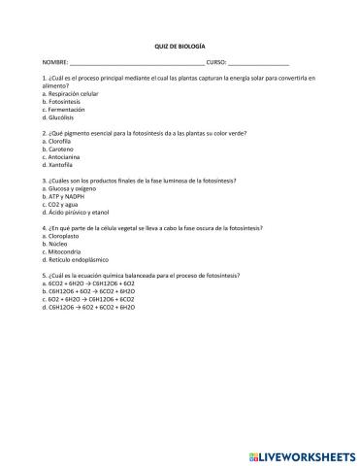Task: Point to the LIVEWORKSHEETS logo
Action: [302, 453]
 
